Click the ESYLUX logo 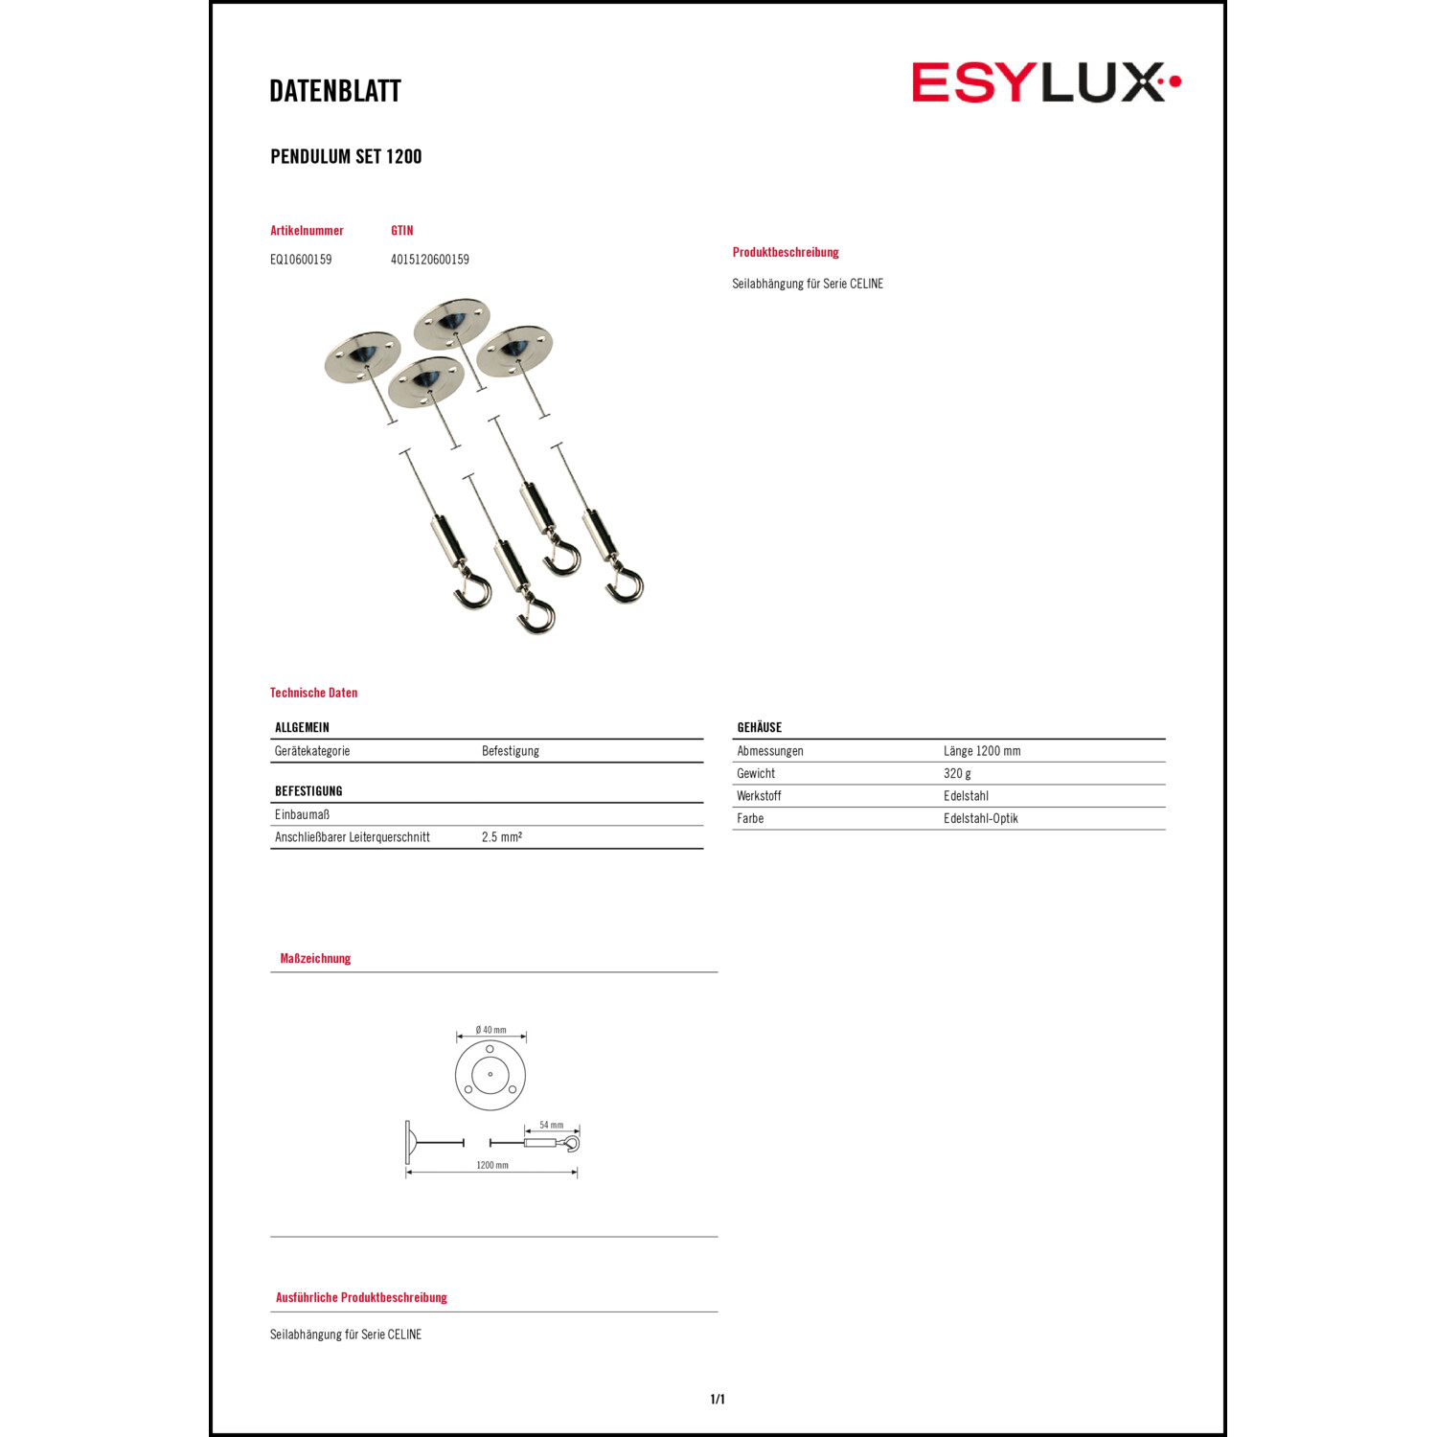pos(1045,82)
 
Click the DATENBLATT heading pos(335,91)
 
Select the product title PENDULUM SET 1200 pos(346,157)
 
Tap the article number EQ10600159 pos(301,260)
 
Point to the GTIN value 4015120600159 pos(430,260)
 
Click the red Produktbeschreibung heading pos(786,253)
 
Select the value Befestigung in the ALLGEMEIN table pos(511,751)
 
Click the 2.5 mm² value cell pos(502,837)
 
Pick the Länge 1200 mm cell pos(982,751)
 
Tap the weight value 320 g pos(957,774)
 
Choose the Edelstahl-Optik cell pos(981,819)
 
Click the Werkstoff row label pos(759,796)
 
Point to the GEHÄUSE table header pos(760,728)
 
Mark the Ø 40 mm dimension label pos(491,1031)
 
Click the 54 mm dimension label pos(552,1126)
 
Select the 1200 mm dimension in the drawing pos(492,1166)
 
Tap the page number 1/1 pos(718,1400)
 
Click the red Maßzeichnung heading pos(315,959)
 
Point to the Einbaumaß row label pos(302,815)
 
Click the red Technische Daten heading pos(313,693)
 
